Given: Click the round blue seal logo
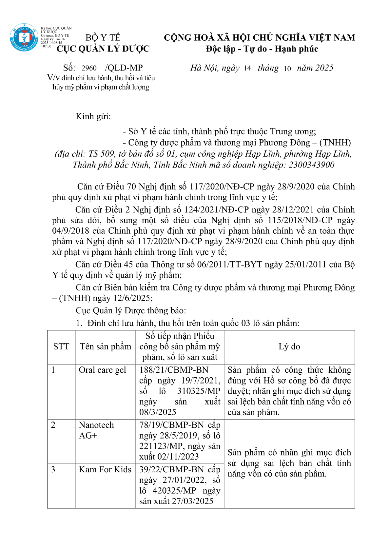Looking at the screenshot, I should point(24,37).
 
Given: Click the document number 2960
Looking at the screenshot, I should point(89,68).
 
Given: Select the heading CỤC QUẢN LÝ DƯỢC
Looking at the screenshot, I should point(103,49).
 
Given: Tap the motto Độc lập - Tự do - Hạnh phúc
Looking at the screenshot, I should point(262,49).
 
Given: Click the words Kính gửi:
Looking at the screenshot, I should point(93,116).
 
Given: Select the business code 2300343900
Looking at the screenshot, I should point(311,165).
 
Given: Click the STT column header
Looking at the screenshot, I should point(61,346).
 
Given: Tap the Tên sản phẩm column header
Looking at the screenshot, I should point(105,346).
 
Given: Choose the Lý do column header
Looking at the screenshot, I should point(289,346).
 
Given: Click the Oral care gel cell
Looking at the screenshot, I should point(102,370).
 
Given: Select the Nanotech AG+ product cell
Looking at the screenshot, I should point(96,430).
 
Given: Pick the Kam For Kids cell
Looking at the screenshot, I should point(105,469).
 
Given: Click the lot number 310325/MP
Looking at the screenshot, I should point(199,391).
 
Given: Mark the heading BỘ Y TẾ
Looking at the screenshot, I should point(103,38).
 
